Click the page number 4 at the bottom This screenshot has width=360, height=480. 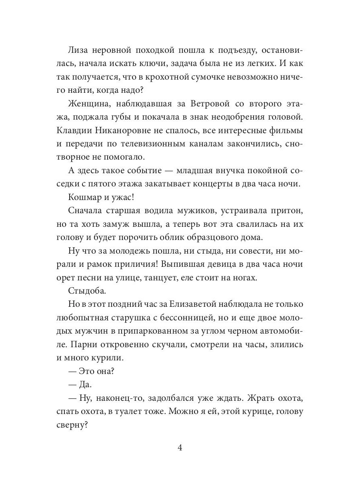[x=180, y=448]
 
